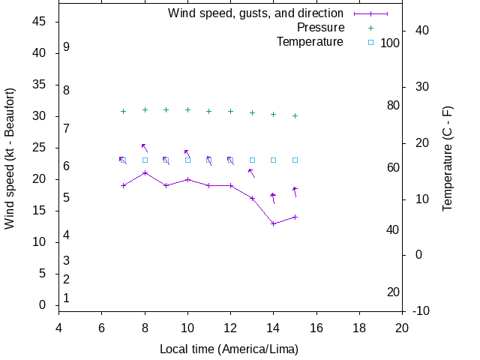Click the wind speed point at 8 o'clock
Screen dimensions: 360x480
[x=145, y=172]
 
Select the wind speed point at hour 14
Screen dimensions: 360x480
[x=274, y=223]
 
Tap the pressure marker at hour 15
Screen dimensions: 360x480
[x=295, y=115]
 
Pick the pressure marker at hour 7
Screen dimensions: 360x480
[x=123, y=111]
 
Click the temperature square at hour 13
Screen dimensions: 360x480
[x=252, y=160]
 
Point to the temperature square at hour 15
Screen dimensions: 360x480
[x=295, y=160]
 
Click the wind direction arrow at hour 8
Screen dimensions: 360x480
[x=144, y=148]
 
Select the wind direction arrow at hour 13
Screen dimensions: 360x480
[x=252, y=173]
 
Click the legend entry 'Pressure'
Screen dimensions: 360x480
[x=320, y=28]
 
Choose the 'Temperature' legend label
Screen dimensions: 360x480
[x=310, y=42]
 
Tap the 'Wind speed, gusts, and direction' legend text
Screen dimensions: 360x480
[x=255, y=13]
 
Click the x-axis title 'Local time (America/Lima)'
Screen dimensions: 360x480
[x=229, y=349]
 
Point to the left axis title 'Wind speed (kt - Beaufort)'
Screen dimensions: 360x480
[x=10, y=158]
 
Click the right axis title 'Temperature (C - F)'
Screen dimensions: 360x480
[x=448, y=158]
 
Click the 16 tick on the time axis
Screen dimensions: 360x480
[x=316, y=327]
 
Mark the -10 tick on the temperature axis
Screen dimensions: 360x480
[x=421, y=310]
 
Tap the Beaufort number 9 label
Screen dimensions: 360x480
[x=67, y=47]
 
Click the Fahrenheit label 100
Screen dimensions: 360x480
[x=390, y=43]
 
